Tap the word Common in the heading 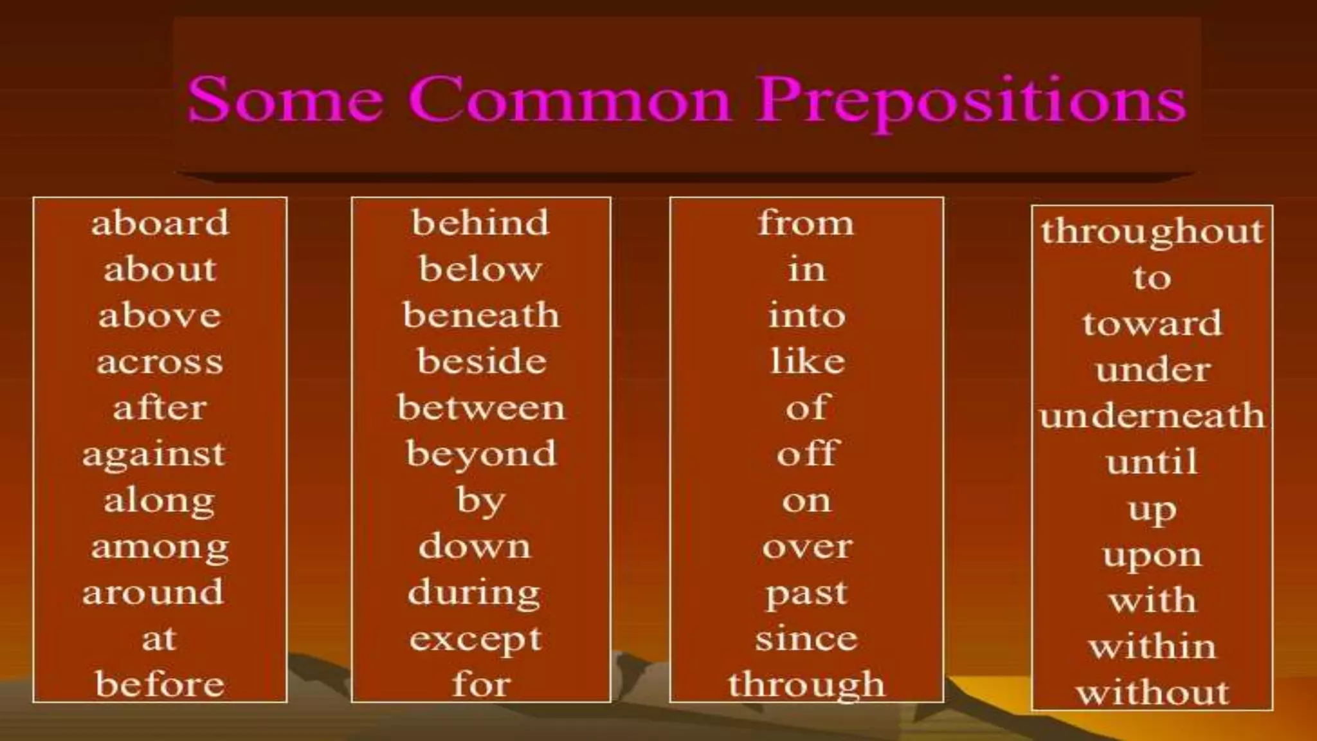tap(570, 100)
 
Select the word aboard tap(159, 223)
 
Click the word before tap(159, 684)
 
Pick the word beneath tap(481, 315)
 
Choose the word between tap(481, 408)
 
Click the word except tap(476, 640)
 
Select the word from tap(806, 223)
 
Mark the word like tap(808, 361)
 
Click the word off tap(807, 453)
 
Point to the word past tap(806, 594)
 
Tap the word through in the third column tap(806, 685)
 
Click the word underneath tap(1152, 416)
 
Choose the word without tap(1152, 693)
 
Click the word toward tap(1152, 323)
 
